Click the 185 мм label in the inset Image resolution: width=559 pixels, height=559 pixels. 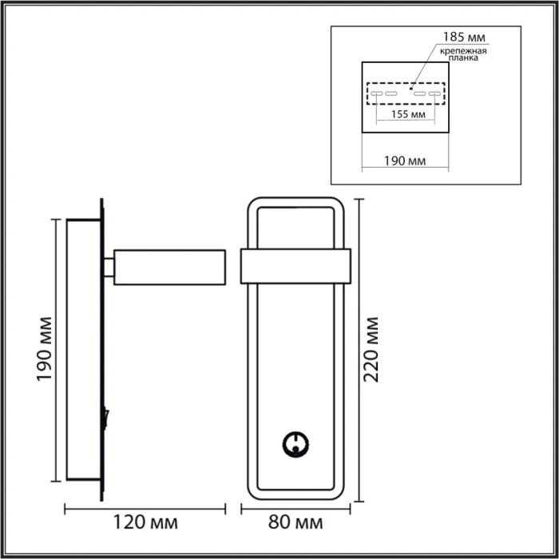pos(462,37)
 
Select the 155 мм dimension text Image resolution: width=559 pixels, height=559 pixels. pos(406,114)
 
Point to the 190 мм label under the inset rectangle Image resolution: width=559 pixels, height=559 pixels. pos(405,161)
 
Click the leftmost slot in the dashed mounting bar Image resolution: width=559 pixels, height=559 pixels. pos(375,94)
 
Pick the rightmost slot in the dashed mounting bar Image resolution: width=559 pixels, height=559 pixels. pos(434,94)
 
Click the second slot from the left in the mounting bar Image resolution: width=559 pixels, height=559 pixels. pos(391,94)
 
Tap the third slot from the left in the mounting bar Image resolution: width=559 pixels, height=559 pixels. pos(419,94)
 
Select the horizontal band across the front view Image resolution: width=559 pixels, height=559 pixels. pos(295,266)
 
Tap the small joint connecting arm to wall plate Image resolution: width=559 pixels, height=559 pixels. pos(109,267)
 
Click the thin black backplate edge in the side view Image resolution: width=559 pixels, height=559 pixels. pos(101,351)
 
